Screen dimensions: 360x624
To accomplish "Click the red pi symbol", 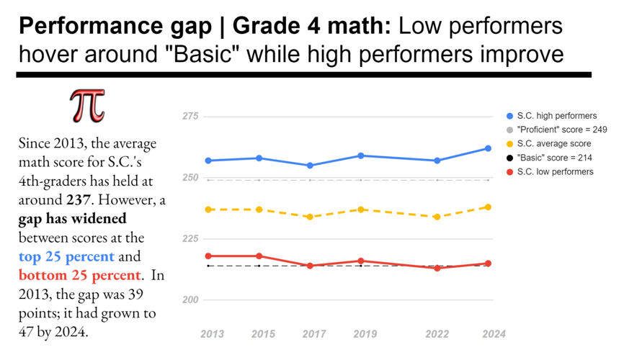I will click(x=87, y=106).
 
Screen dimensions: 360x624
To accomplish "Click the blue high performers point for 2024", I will click(x=488, y=148).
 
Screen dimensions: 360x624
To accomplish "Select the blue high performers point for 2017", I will click(x=310, y=166).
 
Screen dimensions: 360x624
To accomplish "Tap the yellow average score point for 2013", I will click(x=208, y=210).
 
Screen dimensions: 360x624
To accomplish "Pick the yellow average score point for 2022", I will click(x=437, y=217).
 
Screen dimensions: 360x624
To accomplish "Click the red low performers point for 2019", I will click(x=360, y=261).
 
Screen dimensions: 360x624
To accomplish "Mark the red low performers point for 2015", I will click(x=259, y=256).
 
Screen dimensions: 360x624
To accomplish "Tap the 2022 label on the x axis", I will click(x=438, y=334).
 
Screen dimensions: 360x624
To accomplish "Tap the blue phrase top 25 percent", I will click(x=66, y=256).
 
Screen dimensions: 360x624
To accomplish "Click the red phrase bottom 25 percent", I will click(x=79, y=275).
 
